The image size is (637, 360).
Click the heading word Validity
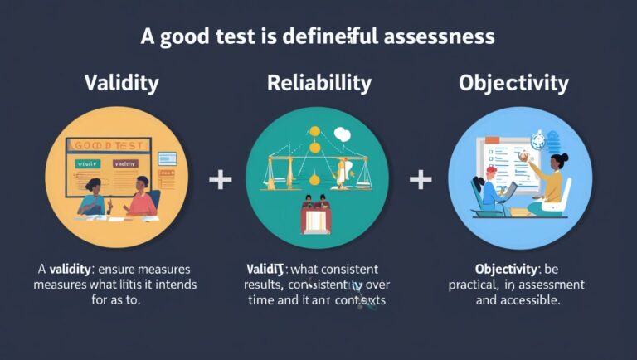(121, 84)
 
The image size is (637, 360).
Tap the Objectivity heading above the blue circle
(514, 84)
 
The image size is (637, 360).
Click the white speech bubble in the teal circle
(342, 132)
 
